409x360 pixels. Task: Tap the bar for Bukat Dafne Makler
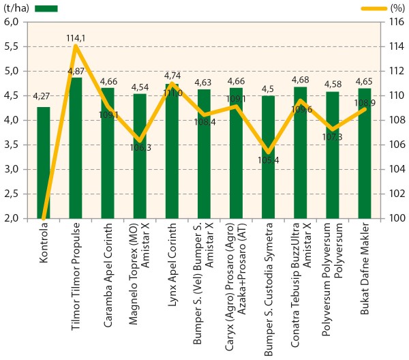365,153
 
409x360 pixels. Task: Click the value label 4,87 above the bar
76,72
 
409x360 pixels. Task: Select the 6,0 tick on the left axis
12,22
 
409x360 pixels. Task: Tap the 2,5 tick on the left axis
12,194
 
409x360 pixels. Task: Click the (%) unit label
397,8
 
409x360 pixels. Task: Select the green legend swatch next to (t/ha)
44,8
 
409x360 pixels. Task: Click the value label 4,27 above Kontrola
43,96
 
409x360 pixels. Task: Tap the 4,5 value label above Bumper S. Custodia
269,88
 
